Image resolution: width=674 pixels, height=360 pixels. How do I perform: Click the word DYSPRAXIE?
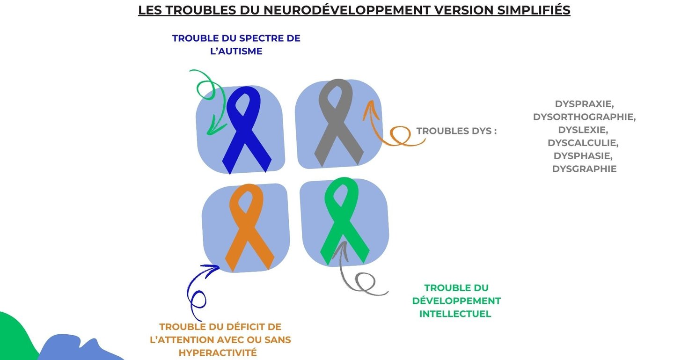tap(584, 103)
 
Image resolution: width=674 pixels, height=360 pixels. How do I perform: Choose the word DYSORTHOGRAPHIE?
tap(584, 117)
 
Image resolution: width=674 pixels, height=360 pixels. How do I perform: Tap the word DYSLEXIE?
tap(584, 130)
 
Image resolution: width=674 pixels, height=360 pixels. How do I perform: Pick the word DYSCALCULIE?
tap(584, 142)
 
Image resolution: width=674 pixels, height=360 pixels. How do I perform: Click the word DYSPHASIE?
tap(584, 155)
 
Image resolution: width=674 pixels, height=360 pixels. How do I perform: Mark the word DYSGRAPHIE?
tap(584, 169)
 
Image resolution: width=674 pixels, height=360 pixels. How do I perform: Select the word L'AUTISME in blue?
tap(236, 51)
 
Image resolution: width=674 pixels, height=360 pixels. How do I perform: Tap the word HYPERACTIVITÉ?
tap(218, 353)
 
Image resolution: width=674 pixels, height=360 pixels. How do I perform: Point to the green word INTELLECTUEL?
tap(455, 314)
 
